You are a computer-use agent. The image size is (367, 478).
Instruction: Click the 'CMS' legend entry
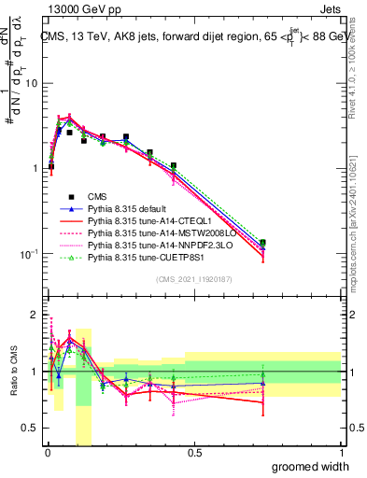point(98,196)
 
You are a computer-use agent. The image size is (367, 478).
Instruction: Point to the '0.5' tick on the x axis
point(194,453)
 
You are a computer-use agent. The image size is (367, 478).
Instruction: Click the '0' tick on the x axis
point(46,453)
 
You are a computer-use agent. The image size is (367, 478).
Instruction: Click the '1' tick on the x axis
point(341,453)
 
